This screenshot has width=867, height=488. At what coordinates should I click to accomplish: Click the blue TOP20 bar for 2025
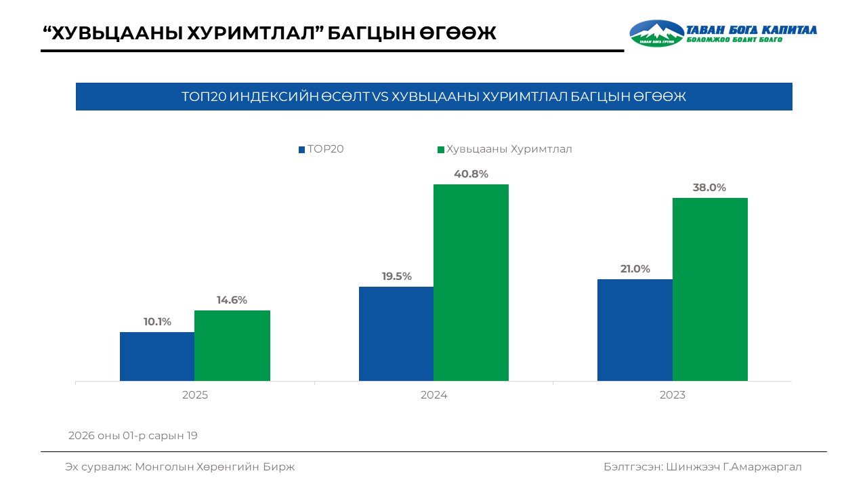tap(157, 357)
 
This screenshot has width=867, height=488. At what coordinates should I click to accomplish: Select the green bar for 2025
tap(232, 346)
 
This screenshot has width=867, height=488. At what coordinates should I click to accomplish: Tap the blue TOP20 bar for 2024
tap(396, 333)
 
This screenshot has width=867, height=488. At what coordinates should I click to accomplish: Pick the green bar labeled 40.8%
tap(471, 283)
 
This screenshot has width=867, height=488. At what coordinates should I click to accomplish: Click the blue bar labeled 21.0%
tap(635, 330)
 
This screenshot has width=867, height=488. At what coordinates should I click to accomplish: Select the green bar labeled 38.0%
tap(710, 289)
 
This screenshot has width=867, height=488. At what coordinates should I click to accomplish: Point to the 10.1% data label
tap(157, 322)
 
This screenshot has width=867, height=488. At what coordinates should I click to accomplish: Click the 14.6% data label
tap(232, 300)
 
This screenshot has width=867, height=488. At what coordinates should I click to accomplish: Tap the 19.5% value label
tap(396, 276)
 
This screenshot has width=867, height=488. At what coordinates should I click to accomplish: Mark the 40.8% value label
tap(471, 174)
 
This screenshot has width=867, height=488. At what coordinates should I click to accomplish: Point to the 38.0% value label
tap(709, 188)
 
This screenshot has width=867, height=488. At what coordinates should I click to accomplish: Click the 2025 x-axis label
tap(195, 395)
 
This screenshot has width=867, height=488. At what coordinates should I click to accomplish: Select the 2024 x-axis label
tap(433, 395)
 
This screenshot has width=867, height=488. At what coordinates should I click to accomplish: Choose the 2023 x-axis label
tap(673, 395)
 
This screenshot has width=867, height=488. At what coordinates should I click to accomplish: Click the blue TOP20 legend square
tap(301, 150)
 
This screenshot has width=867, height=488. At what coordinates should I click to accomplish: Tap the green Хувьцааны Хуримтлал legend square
tap(441, 150)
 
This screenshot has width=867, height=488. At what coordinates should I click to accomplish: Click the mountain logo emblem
tap(657, 33)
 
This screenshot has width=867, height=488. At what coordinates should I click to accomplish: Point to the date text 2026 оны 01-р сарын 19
tap(133, 436)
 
